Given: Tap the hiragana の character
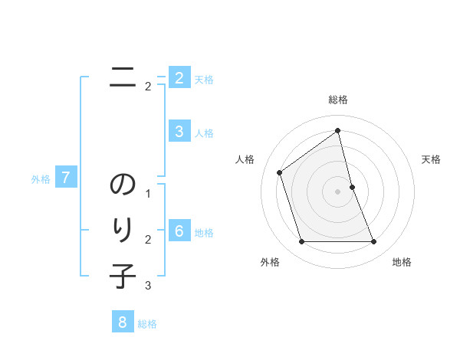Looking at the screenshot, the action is tap(123, 186).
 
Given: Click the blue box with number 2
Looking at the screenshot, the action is tap(179, 78).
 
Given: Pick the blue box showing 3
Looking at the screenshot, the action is tap(179, 132).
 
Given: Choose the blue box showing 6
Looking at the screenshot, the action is tap(179, 231).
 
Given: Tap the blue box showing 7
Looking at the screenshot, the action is tap(66, 178).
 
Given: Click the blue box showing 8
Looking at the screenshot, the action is tap(122, 322).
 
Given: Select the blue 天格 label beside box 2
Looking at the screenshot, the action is tap(204, 80).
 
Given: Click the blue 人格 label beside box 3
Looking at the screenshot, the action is tap(204, 133).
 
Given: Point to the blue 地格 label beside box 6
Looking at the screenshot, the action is tap(204, 233).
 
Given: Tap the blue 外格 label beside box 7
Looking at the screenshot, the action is tap(41, 180).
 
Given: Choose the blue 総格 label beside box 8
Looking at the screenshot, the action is tap(147, 324).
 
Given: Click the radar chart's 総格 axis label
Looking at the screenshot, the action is tap(337, 100).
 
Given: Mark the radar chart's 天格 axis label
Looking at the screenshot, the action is tap(431, 159).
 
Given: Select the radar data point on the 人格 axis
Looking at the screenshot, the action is tap(279, 172).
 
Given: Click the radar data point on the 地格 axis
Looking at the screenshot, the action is tap(373, 242).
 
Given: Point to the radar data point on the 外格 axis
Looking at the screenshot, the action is tap(301, 242).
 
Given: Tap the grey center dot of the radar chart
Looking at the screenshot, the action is tap(337, 191).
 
